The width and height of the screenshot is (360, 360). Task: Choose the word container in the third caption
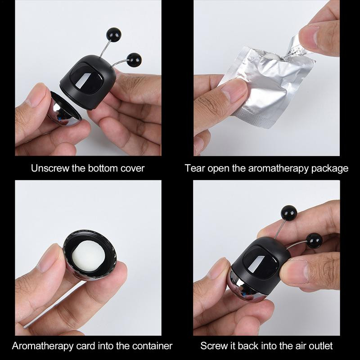[x=152, y=346]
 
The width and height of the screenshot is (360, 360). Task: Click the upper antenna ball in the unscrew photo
[x=114, y=35]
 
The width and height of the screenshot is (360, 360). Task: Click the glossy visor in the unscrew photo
[x=86, y=77]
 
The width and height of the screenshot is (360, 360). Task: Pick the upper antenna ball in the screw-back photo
[x=289, y=212]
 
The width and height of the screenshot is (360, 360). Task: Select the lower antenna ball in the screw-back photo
[x=314, y=240]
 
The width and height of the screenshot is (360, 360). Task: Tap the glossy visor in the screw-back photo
[x=260, y=260]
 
